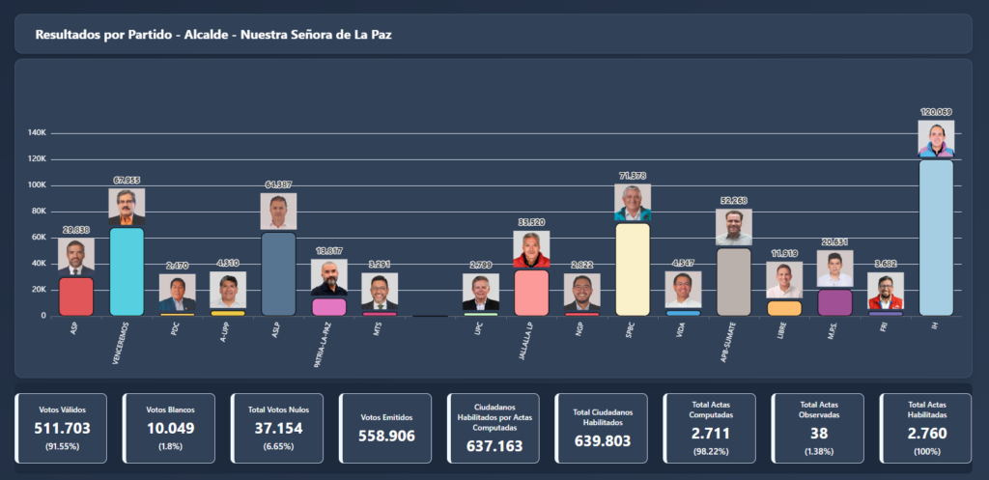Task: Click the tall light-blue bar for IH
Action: coord(936,238)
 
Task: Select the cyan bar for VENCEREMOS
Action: coord(127,271)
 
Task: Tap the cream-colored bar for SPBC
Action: coord(633,269)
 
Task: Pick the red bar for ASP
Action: coord(76,296)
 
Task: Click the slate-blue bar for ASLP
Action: coord(278,274)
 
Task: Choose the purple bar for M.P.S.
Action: coord(834,302)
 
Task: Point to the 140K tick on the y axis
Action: coord(39,133)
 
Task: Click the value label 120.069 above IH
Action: coord(936,112)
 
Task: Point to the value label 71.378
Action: coord(633,176)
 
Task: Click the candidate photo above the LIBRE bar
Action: coord(784,280)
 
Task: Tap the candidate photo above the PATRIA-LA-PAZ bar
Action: coord(329,278)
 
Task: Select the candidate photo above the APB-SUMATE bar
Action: coord(734,227)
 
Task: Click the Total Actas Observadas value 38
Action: coord(818,434)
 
